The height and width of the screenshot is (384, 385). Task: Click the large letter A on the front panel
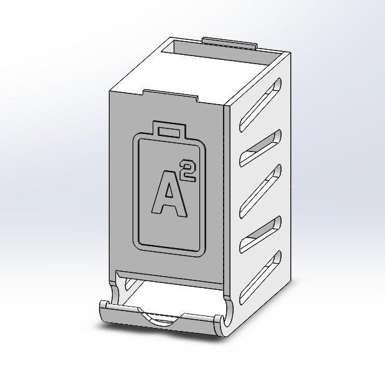pyautogui.click(x=168, y=195)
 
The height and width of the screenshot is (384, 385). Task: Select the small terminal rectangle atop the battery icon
pyautogui.click(x=168, y=131)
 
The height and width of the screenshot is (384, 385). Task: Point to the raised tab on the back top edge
pyautogui.click(x=230, y=42)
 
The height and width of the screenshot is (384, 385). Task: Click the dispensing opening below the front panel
pyautogui.click(x=168, y=293)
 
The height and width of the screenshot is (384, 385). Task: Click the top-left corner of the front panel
pyautogui.click(x=112, y=92)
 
